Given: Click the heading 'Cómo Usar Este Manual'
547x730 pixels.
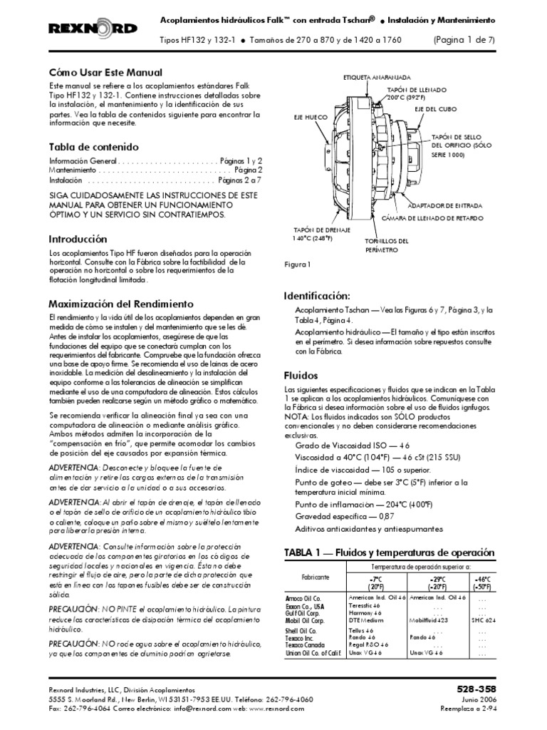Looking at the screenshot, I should tap(105, 73).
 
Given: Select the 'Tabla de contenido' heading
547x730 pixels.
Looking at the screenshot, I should tap(93, 146).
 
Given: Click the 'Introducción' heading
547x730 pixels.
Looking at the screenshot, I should tap(78, 239).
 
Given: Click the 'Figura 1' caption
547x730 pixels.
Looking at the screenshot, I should tap(298, 264).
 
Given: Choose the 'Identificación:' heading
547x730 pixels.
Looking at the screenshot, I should tap(316, 295).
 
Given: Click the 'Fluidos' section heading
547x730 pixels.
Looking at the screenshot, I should tap(301, 374).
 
